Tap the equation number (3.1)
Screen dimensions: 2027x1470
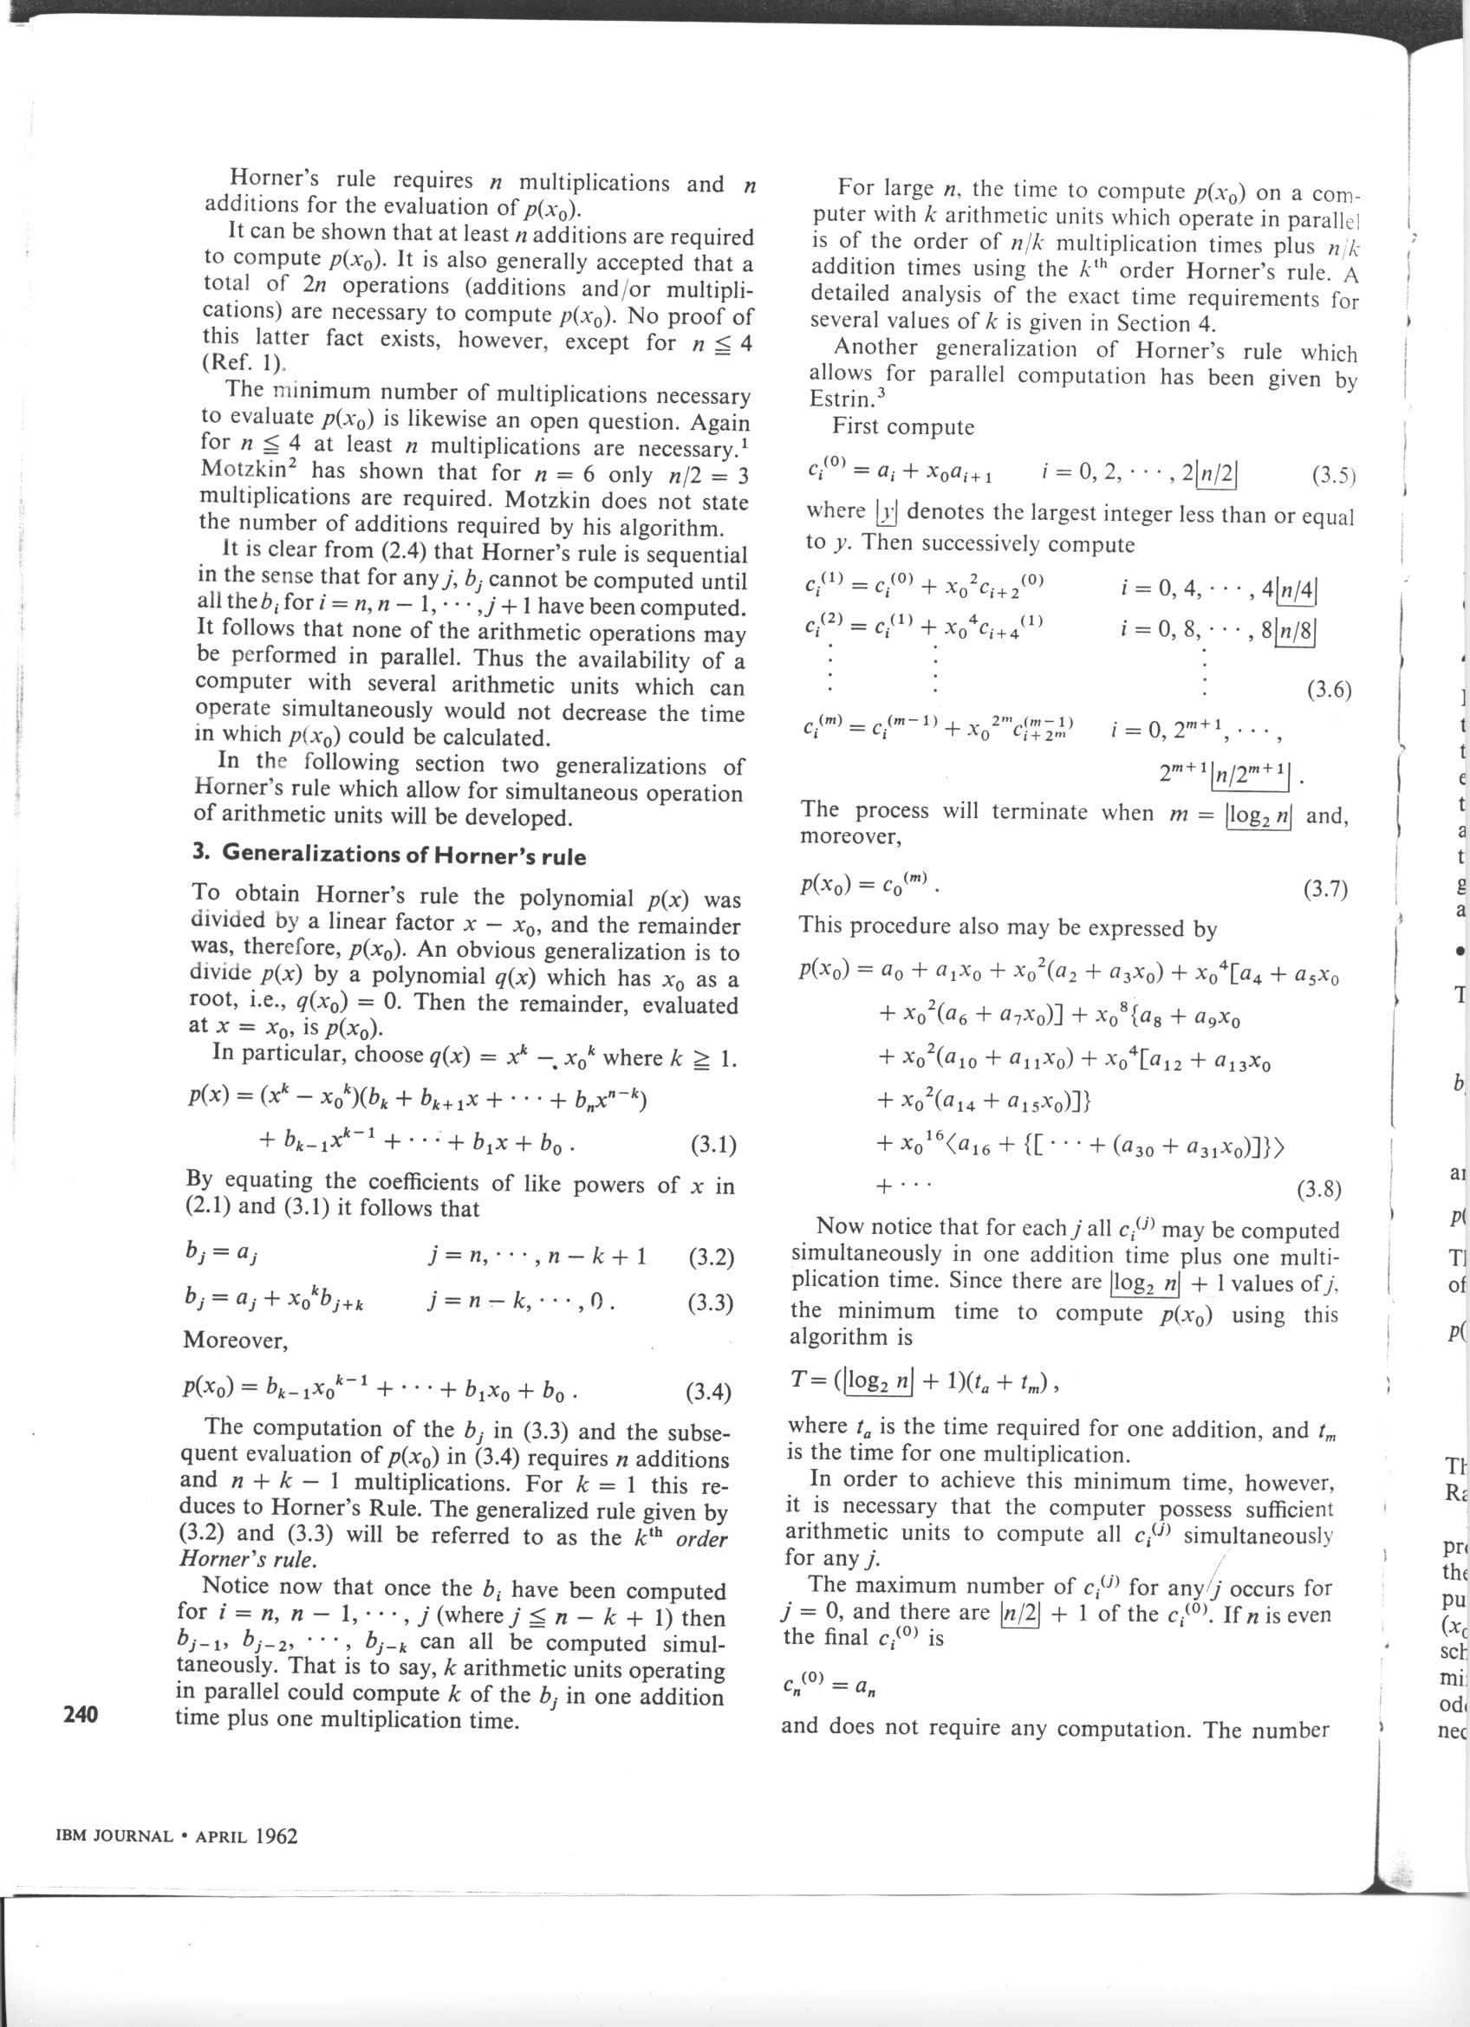pyautogui.click(x=713, y=1145)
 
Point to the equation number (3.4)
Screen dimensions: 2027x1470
pyautogui.click(x=709, y=1393)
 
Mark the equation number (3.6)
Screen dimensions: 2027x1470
pyautogui.click(x=1328, y=690)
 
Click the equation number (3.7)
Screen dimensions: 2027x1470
pyautogui.click(x=1324, y=889)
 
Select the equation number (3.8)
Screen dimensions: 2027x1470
pyautogui.click(x=1318, y=1189)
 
